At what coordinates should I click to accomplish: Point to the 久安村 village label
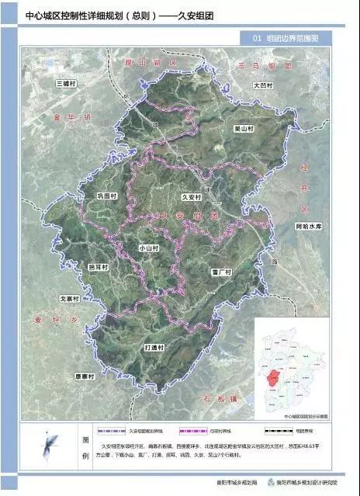click(x=191, y=198)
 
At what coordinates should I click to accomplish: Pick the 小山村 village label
click(x=148, y=248)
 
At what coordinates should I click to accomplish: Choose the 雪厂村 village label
click(x=221, y=272)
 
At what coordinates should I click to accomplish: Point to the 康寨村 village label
click(x=85, y=376)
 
